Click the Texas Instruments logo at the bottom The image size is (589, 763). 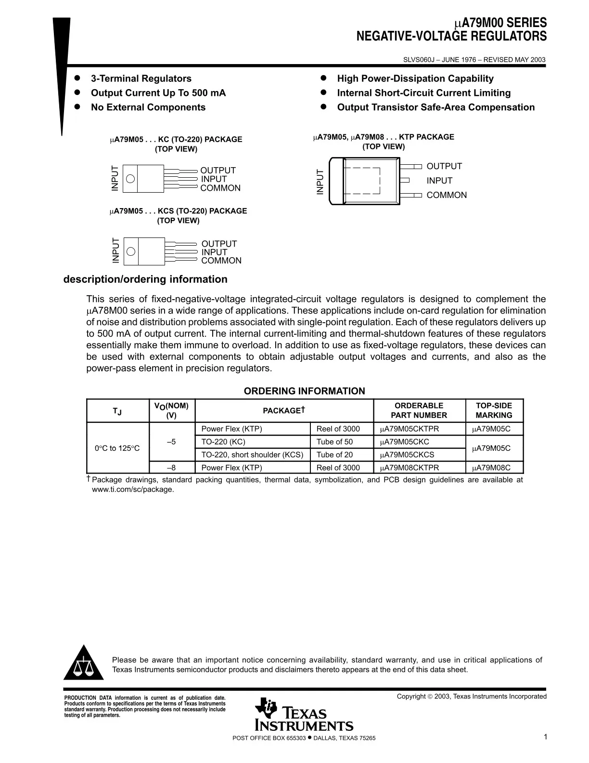tap(305, 715)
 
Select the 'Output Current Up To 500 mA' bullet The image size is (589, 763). tap(158, 93)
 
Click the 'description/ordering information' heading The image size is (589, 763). tap(145, 279)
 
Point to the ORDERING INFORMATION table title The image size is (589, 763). tap(304, 391)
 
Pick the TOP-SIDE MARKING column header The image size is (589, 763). tap(494, 410)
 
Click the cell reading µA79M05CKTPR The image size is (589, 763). tap(410, 429)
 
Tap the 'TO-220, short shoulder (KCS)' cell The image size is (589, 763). tap(252, 455)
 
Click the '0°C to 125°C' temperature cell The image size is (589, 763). tap(117, 448)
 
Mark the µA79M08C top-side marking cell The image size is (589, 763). tap(491, 468)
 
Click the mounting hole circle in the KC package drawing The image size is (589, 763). tap(130, 179)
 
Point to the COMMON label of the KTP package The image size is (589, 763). tap(447, 195)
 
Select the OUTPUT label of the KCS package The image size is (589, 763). tap(219, 244)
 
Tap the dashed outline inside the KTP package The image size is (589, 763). tap(362, 181)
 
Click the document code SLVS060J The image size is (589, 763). tap(420, 60)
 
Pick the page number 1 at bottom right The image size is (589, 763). tap(545, 737)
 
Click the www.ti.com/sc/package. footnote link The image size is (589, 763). tap(133, 489)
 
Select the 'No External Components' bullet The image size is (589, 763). tap(148, 107)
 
